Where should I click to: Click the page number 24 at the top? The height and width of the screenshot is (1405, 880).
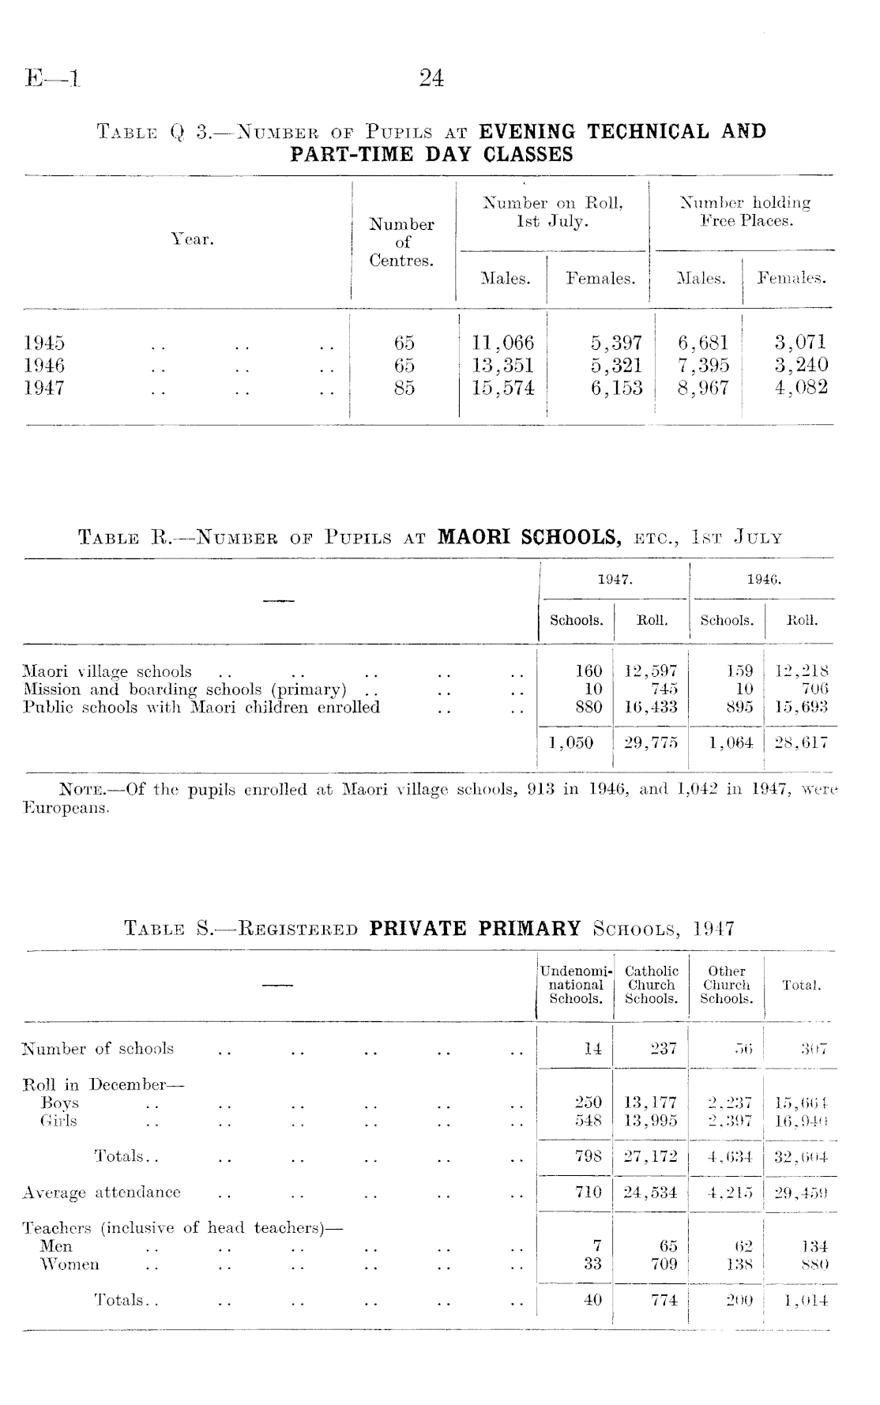(431, 77)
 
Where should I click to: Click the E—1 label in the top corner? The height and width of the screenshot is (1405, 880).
(53, 77)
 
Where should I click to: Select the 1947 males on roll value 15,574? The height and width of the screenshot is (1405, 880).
(502, 388)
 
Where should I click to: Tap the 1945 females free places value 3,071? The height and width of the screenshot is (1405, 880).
(801, 342)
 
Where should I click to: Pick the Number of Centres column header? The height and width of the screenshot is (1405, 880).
(402, 242)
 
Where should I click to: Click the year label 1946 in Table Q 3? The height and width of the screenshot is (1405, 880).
(44, 365)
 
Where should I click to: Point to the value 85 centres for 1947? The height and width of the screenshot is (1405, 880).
(404, 388)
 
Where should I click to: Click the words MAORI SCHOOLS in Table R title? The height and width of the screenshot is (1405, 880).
(528, 537)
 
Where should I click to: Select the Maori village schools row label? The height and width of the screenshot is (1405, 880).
(107, 671)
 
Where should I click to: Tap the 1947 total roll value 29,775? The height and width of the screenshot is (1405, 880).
(651, 742)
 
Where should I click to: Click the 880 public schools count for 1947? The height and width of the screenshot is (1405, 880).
(589, 707)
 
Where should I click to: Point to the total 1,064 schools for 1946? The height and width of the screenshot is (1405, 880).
(731, 742)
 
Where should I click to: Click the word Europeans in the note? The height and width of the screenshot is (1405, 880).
(66, 808)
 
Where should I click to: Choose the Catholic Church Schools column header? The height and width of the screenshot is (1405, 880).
(651, 985)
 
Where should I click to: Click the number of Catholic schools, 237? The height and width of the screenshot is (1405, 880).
(664, 1049)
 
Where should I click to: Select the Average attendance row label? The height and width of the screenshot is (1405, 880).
(101, 1192)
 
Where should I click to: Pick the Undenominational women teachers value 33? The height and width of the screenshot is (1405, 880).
(592, 1264)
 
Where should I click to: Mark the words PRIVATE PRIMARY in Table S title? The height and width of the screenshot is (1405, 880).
(475, 927)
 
